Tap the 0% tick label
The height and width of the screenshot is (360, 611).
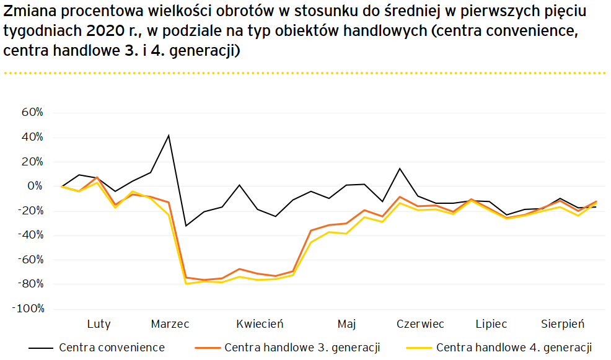coord(36,186)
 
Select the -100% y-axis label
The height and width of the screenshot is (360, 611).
coord(27,309)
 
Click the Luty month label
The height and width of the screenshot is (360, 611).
coord(99,324)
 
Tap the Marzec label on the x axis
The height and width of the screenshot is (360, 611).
coord(170,324)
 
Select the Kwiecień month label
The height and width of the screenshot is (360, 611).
coord(260,324)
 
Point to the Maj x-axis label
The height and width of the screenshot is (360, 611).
coord(346,324)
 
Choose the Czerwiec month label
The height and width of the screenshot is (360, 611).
coord(420,324)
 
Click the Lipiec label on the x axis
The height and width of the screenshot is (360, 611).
coord(491,324)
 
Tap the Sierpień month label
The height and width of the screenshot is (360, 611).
coord(563,324)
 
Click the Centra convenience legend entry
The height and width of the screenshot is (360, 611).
coord(112,347)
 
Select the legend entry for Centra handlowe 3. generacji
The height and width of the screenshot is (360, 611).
coord(302,347)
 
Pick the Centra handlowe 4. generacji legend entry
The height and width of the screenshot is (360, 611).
coord(514,347)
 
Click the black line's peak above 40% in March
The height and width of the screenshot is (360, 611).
coord(169,135)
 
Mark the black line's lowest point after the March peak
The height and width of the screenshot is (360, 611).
coord(186,226)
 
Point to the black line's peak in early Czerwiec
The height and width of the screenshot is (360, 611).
coord(400,169)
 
